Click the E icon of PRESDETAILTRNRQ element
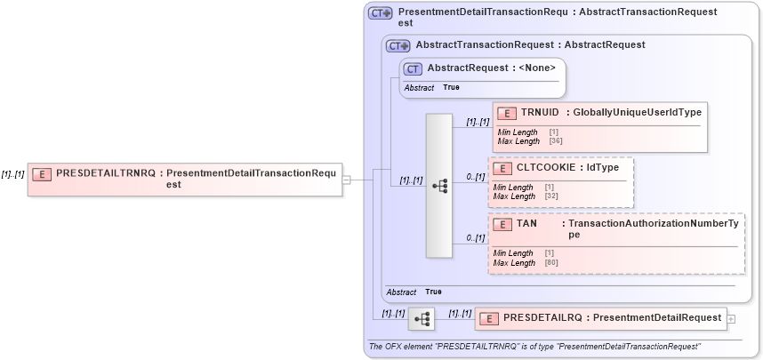pyautogui.click(x=42, y=173)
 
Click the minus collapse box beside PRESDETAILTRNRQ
pyautogui.click(x=347, y=180)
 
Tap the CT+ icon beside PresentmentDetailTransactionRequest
pyautogui.click(x=381, y=13)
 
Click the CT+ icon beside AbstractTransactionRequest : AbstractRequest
pyautogui.click(x=398, y=44)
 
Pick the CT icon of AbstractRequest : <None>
pyautogui.click(x=413, y=68)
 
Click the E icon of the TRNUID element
pyautogui.click(x=506, y=113)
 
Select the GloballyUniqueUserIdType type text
pyautogui.click(x=637, y=113)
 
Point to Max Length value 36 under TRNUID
pyautogui.click(x=553, y=140)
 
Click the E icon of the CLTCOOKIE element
pyautogui.click(x=502, y=168)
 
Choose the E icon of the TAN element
pyautogui.click(x=502, y=224)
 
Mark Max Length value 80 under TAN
pyautogui.click(x=550, y=263)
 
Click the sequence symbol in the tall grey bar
pyautogui.click(x=438, y=185)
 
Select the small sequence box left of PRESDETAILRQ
pyautogui.click(x=422, y=317)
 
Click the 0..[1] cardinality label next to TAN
pyautogui.click(x=476, y=238)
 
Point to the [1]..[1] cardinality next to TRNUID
pyautogui.click(x=478, y=121)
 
